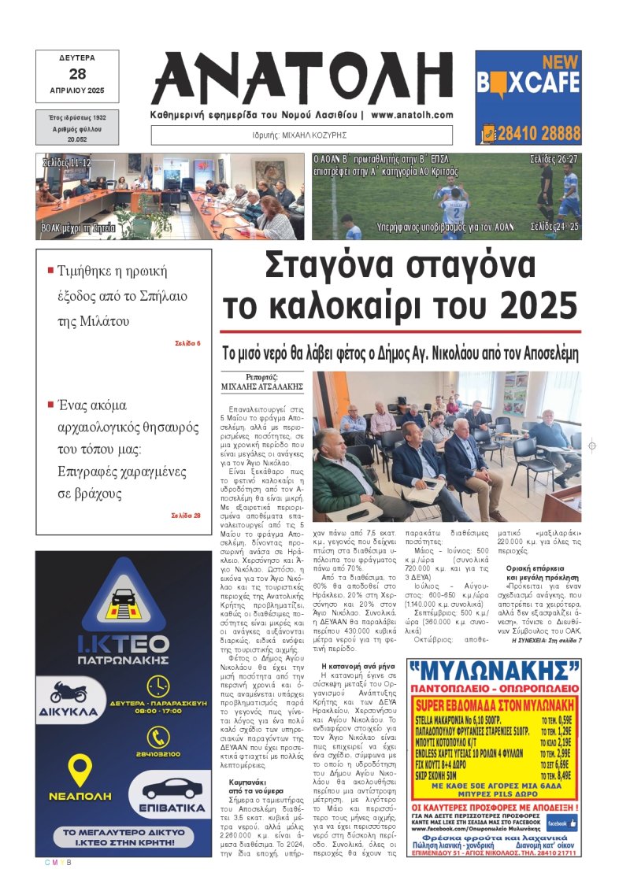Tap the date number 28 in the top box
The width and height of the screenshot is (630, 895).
pyautogui.click(x=77, y=74)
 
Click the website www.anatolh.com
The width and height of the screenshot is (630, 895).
pyautogui.click(x=412, y=115)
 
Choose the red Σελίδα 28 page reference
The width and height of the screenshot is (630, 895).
pyautogui.click(x=186, y=516)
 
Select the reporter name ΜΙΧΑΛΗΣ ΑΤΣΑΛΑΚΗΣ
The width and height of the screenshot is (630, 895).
pyautogui.click(x=261, y=387)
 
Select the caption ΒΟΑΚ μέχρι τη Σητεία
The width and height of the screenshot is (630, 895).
pyautogui.click(x=79, y=229)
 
